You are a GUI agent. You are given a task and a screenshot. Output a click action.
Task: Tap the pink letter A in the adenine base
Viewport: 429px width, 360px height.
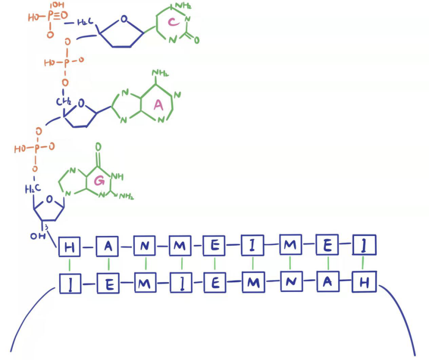click(x=158, y=106)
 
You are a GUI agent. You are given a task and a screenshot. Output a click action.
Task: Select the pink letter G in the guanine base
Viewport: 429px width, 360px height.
click(x=98, y=181)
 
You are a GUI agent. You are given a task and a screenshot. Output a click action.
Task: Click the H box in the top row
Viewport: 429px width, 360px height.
click(x=69, y=246)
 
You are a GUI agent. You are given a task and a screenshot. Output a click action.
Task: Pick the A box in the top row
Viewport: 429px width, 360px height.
click(x=108, y=245)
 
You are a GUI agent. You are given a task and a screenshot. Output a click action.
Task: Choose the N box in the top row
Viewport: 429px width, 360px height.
click(x=145, y=245)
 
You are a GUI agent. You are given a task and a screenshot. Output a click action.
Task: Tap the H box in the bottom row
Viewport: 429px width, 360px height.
click(x=363, y=283)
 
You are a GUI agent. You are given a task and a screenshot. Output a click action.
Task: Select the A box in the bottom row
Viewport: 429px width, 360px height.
click(x=328, y=283)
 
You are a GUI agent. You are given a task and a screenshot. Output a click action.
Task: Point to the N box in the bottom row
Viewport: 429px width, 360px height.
click(x=290, y=283)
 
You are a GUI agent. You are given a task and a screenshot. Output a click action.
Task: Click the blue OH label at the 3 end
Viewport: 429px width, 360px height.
click(x=36, y=235)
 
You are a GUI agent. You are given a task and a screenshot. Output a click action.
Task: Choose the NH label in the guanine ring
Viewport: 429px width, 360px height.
click(x=119, y=176)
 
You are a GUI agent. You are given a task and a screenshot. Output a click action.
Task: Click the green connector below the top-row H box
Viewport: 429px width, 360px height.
click(x=69, y=264)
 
